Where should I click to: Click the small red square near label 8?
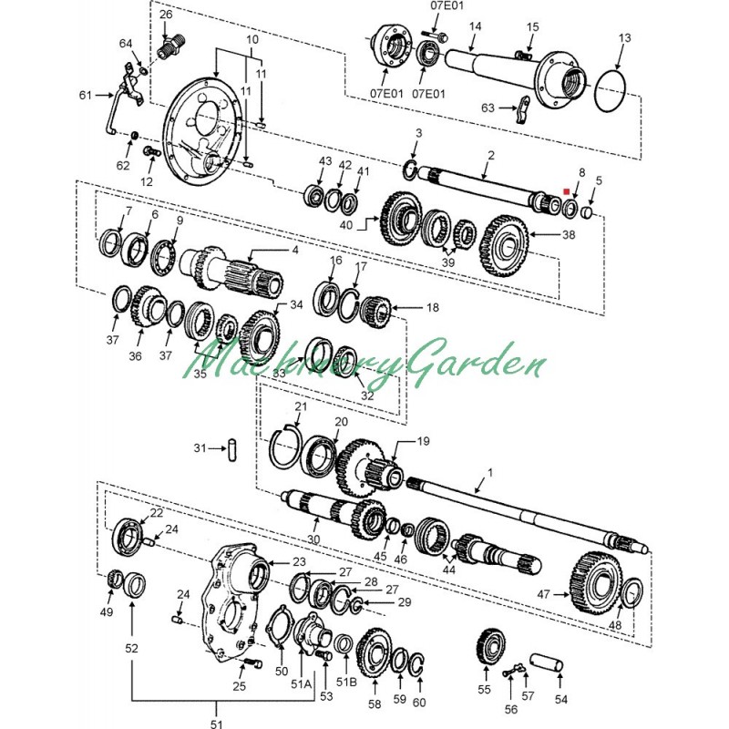[x=566, y=191]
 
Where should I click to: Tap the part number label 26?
[x=166, y=15]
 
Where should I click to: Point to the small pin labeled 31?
[x=232, y=449]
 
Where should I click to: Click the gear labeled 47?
[x=596, y=583]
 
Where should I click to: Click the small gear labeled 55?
[x=490, y=647]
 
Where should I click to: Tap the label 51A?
[x=302, y=684]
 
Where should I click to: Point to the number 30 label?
[x=313, y=539]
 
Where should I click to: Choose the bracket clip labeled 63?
[x=523, y=109]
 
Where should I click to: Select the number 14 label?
[x=475, y=26]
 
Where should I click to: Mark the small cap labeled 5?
[x=587, y=213]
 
